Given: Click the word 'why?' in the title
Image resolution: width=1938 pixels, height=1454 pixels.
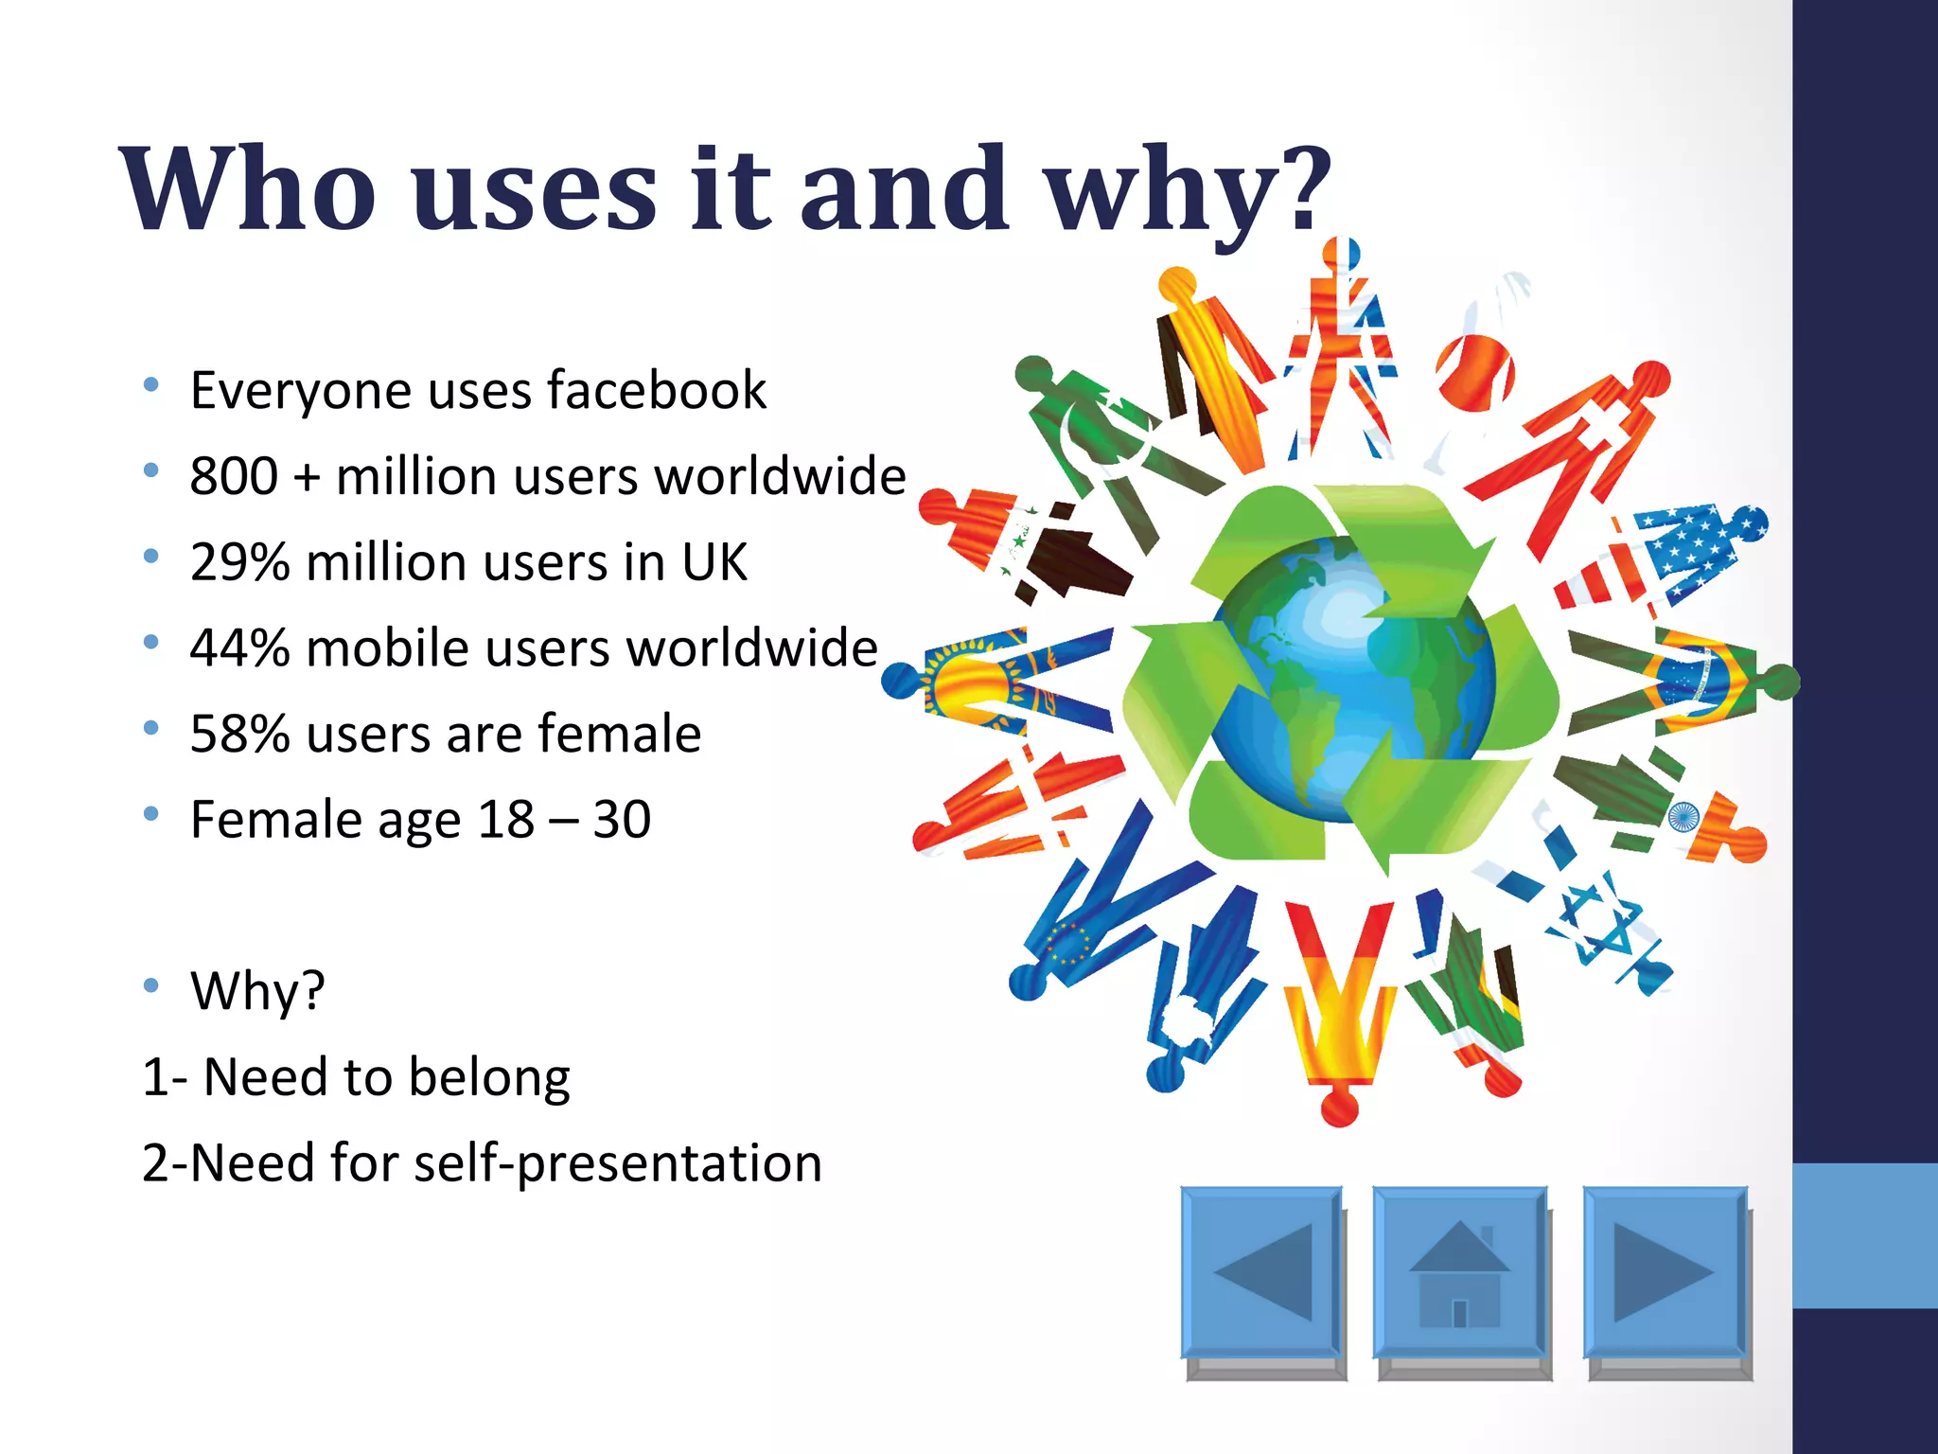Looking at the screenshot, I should (1188, 189).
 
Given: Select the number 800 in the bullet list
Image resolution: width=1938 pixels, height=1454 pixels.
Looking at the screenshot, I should (234, 476).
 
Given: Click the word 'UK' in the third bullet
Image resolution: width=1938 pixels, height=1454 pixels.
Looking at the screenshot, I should (714, 562).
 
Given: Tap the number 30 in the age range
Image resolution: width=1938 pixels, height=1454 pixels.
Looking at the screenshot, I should (622, 820).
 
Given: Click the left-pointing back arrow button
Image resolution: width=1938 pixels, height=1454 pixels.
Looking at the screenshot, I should (1261, 1272).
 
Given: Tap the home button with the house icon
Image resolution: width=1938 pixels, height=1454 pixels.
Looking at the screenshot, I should (1459, 1272).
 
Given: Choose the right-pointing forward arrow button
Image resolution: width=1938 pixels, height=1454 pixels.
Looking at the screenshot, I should (1664, 1272).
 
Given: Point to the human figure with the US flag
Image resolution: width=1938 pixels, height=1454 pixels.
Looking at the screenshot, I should (1675, 559).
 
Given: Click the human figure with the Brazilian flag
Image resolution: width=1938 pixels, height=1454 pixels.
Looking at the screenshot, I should (1694, 682).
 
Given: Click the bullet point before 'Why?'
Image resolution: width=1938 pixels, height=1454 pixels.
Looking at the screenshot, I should (151, 985).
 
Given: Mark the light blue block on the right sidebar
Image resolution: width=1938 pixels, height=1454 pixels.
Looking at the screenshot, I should (1864, 1235).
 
